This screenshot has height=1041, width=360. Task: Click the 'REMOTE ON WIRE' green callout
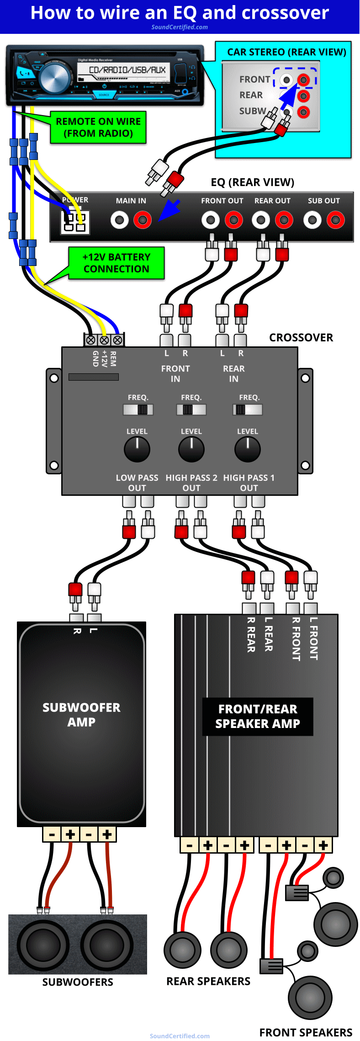pos(98,127)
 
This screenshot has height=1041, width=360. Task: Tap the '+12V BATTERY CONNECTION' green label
pos(116,263)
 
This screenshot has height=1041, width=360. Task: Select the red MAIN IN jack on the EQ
pos(143,220)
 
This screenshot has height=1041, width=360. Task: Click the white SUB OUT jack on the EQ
pos(312,220)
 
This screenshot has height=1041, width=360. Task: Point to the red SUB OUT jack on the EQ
pos(336,220)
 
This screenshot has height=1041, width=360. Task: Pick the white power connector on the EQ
pos(75,223)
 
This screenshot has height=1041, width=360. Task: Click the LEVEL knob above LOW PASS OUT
pos(137,449)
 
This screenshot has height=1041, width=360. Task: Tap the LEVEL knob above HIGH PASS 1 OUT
pos(248,449)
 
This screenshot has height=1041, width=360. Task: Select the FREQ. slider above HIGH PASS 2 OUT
pos(191,409)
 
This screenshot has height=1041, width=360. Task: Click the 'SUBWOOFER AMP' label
pos(81,715)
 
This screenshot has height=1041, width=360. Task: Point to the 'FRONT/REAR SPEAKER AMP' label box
pos(258,717)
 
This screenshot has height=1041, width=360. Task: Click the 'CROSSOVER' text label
pos(301,338)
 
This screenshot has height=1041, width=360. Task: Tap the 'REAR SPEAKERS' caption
pos(208,981)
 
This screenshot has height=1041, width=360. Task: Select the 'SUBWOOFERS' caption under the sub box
pos(78,982)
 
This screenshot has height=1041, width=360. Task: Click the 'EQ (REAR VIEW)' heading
pos(252,182)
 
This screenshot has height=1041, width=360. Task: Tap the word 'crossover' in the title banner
pos(289,13)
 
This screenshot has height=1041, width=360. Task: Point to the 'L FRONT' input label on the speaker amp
pos(313,638)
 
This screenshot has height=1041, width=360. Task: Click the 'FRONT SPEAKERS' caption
pos(306,1032)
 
